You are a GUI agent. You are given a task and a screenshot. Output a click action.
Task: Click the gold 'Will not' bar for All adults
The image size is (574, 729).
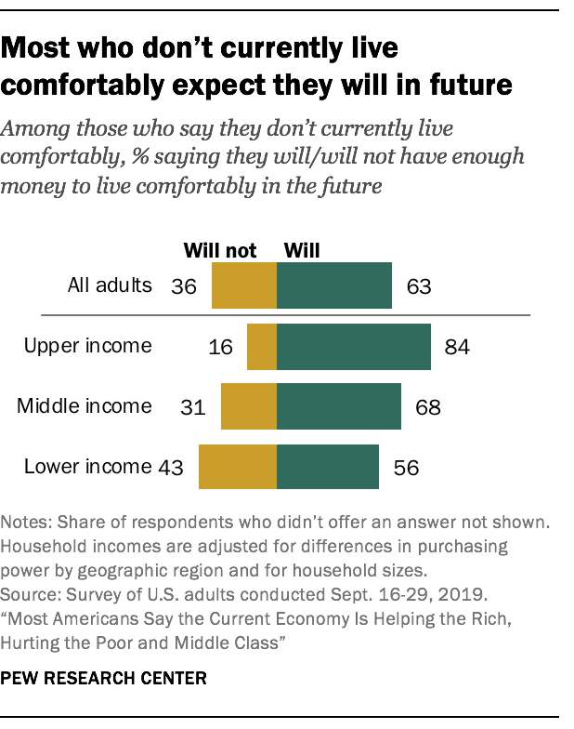click(244, 285)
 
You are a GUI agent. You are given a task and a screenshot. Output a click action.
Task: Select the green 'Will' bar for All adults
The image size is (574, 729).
click(334, 285)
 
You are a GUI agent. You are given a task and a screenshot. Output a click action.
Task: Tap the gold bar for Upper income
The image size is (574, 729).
click(262, 347)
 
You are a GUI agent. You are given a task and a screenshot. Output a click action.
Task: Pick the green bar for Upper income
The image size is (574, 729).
click(354, 347)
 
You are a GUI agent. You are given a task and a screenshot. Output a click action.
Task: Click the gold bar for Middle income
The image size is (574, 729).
click(249, 406)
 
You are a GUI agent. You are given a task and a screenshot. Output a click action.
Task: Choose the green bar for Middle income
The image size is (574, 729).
click(339, 406)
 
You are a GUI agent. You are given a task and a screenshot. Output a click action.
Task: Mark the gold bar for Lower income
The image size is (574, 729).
click(238, 467)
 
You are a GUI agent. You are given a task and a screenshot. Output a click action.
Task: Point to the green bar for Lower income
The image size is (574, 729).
click(328, 467)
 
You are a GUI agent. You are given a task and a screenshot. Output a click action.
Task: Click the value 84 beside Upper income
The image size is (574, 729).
click(458, 348)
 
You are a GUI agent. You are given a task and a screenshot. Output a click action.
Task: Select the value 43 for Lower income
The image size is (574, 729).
click(171, 467)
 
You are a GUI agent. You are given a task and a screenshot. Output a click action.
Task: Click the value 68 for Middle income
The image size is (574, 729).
click(428, 407)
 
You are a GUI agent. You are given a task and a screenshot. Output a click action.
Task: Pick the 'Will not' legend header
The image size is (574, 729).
click(220, 249)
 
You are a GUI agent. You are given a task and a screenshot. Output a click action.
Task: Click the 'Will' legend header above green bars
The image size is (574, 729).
click(301, 249)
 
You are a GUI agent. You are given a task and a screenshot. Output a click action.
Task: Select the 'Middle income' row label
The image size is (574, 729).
click(85, 405)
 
